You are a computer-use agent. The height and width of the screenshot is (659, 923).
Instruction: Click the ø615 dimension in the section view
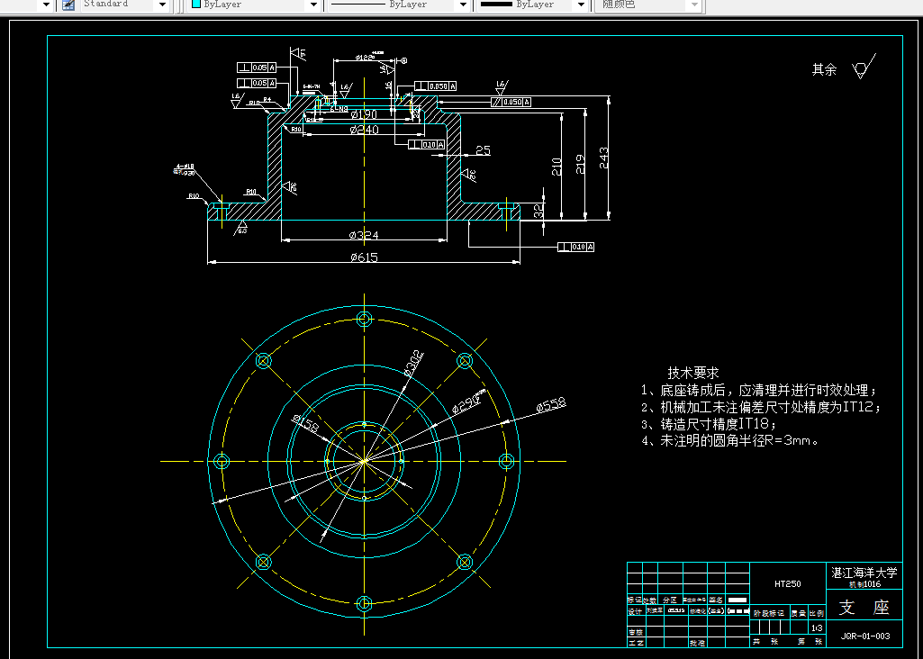pos(364,258)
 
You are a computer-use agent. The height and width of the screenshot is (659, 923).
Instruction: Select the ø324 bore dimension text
pos(364,236)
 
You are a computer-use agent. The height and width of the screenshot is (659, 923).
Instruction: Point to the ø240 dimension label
pos(364,130)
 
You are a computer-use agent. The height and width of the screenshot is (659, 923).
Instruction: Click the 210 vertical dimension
pos(557,167)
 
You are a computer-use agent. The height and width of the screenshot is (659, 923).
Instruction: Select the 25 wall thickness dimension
pos(483,150)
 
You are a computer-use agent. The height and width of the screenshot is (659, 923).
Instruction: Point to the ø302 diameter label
pos(413,364)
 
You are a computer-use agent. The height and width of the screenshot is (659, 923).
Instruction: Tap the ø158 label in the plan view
pos(305,422)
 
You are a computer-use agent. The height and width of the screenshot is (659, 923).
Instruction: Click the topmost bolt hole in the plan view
pos(364,319)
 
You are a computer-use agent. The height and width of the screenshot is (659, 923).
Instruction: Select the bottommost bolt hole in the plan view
pos(364,603)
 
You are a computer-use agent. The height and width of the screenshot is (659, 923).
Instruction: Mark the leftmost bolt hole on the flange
pos(222,461)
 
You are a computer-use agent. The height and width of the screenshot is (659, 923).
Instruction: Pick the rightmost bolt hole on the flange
pos(506,461)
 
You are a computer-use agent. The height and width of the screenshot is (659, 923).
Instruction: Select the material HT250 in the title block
pos(788,583)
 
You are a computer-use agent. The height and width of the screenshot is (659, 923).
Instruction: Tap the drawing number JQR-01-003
pos(864,636)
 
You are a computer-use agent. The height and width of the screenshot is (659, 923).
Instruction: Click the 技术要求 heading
pos(693,373)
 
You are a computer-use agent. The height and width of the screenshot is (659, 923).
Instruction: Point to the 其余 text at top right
pos(824,69)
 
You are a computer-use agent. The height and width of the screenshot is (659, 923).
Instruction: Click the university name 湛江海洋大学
pos(864,572)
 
